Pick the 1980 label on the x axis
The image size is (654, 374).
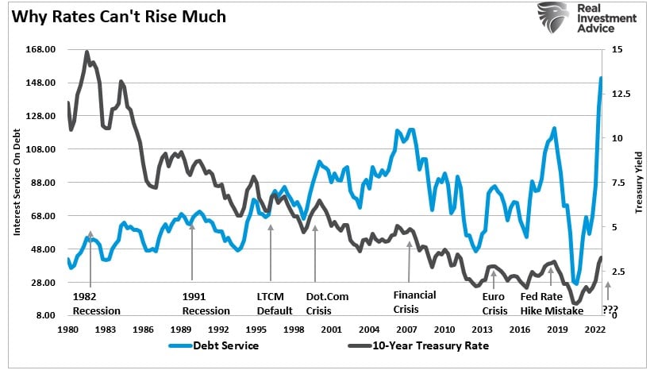pyautogui.click(x=70, y=329)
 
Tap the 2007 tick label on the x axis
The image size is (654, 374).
pyautogui.click(x=406, y=329)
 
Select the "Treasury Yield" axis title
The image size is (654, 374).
pyautogui.click(x=637, y=183)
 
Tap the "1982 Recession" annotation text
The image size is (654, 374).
pyautogui.click(x=92, y=303)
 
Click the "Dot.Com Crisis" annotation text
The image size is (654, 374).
pyautogui.click(x=325, y=303)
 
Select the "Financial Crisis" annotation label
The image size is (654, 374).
pyautogui.click(x=414, y=301)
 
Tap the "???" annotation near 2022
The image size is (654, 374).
pyautogui.click(x=610, y=310)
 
